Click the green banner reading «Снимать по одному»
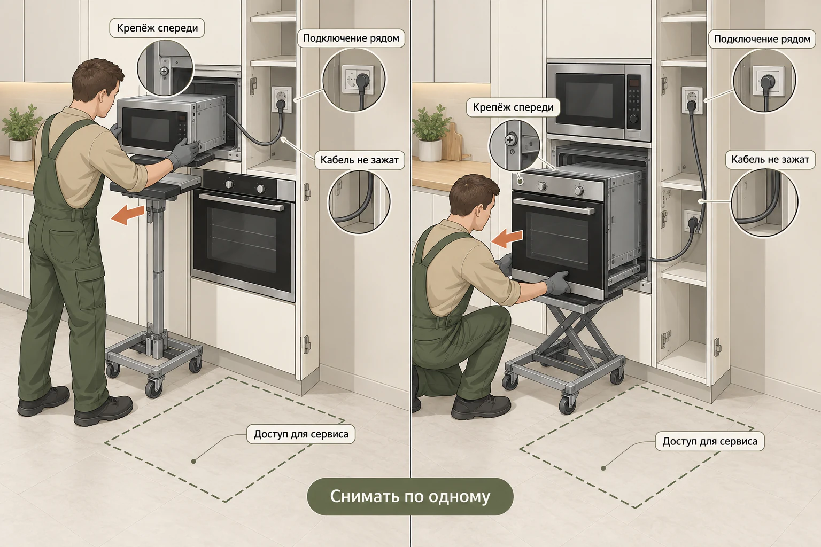pyautogui.click(x=410, y=496)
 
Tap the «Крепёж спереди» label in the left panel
pyautogui.click(x=157, y=28)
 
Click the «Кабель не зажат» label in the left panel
pyautogui.click(x=359, y=160)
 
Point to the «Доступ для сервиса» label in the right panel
pyautogui.click(x=710, y=441)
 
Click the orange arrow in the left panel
pyautogui.click(x=127, y=214)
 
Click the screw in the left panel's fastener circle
pyautogui.click(x=165, y=71)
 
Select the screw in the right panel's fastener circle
pyautogui.click(x=510, y=139)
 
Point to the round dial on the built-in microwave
pyautogui.click(x=633, y=119)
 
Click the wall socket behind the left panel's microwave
pyautogui.click(x=282, y=99)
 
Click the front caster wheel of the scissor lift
pyautogui.click(x=567, y=403)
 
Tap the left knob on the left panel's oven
pyautogui.click(x=229, y=184)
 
